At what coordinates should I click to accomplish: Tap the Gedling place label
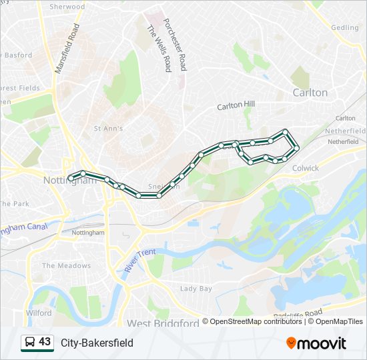pyautogui.click(x=345, y=27)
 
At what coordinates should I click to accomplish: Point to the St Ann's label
pyautogui.click(x=108, y=128)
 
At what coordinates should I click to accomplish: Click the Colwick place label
pyautogui.click(x=306, y=168)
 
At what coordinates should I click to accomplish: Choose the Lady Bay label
pyautogui.click(x=196, y=289)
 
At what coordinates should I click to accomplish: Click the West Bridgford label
pyautogui.click(x=163, y=323)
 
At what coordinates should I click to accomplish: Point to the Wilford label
pyautogui.click(x=39, y=313)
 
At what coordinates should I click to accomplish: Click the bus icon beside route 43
pyautogui.click(x=29, y=343)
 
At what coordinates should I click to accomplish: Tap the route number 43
pyautogui.click(x=45, y=342)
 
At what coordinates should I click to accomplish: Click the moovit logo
pyautogui.click(x=316, y=343)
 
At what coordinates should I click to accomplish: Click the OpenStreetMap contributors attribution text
pyautogui.click(x=254, y=321)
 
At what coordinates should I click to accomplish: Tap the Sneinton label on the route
pyautogui.click(x=165, y=187)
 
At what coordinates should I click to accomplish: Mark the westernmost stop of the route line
pyautogui.click(x=71, y=178)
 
